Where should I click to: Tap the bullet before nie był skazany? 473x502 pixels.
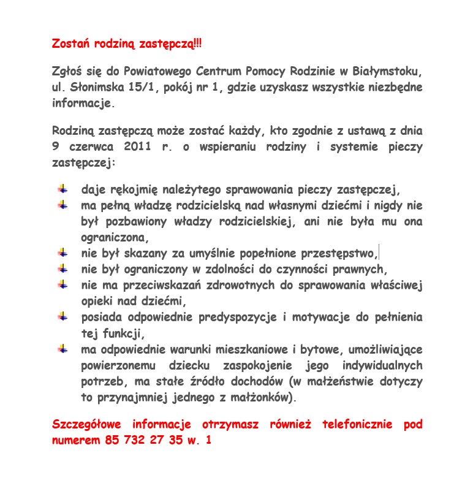pos(62,253)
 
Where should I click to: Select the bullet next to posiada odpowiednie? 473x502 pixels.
pos(62,316)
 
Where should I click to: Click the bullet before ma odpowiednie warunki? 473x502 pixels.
pos(62,348)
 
